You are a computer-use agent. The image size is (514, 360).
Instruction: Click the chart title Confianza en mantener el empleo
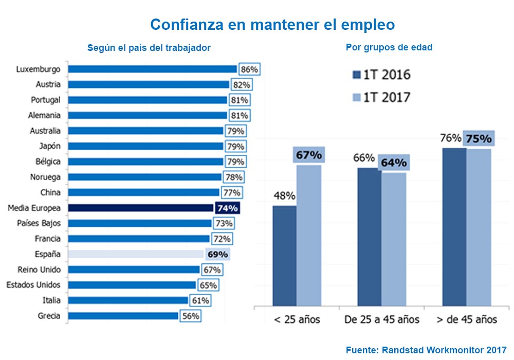[x=272, y=25]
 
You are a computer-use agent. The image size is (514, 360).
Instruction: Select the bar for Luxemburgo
[x=152, y=69]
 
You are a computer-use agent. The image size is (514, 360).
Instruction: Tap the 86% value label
[x=249, y=69]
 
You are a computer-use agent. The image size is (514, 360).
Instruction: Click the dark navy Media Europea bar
[x=140, y=208]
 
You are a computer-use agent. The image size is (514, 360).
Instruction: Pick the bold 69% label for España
[x=217, y=254]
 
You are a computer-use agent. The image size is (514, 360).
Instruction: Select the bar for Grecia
[x=123, y=316]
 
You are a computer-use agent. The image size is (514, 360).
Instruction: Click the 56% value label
[x=190, y=316]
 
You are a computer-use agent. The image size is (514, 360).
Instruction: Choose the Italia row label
[x=51, y=300]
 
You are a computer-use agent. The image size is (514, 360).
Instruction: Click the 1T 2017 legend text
[x=387, y=97]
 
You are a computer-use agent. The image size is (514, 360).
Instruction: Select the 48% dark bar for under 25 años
[x=284, y=256]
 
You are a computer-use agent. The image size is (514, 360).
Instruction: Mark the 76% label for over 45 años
[x=451, y=138]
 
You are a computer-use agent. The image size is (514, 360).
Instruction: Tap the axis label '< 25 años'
[x=297, y=319]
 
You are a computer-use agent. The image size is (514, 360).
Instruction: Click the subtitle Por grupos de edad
[x=389, y=47]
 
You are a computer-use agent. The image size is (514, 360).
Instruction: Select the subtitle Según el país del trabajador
[x=149, y=48]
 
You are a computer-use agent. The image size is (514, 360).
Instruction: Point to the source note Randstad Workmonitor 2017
[x=426, y=350]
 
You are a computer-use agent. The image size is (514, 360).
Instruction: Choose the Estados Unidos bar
[x=132, y=285]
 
